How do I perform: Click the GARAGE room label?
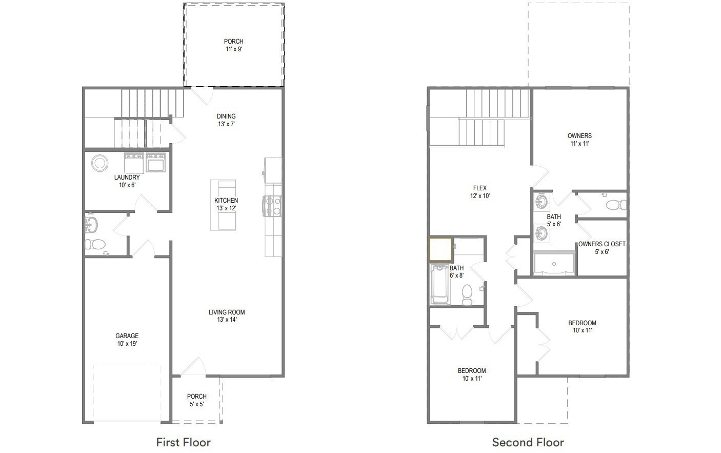[127, 340]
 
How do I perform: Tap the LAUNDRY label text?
[127, 181]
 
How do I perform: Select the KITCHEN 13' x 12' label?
[226, 204]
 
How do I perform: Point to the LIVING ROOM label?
[226, 316]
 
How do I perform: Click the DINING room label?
[226, 120]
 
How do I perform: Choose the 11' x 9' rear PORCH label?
[233, 45]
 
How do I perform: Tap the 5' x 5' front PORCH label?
[196, 400]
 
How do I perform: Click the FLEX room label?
[479, 192]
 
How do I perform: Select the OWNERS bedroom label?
[579, 140]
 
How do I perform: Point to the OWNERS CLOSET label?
[602, 248]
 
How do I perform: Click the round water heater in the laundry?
[99, 164]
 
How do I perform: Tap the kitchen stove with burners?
[272, 206]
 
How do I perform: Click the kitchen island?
[223, 205]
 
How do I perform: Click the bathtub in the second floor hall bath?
[440, 284]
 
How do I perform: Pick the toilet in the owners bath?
[616, 205]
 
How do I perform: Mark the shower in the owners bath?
[554, 264]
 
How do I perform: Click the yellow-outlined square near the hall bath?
[440, 250]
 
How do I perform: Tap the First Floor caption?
[183, 442]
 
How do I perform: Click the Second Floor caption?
[528, 442]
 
